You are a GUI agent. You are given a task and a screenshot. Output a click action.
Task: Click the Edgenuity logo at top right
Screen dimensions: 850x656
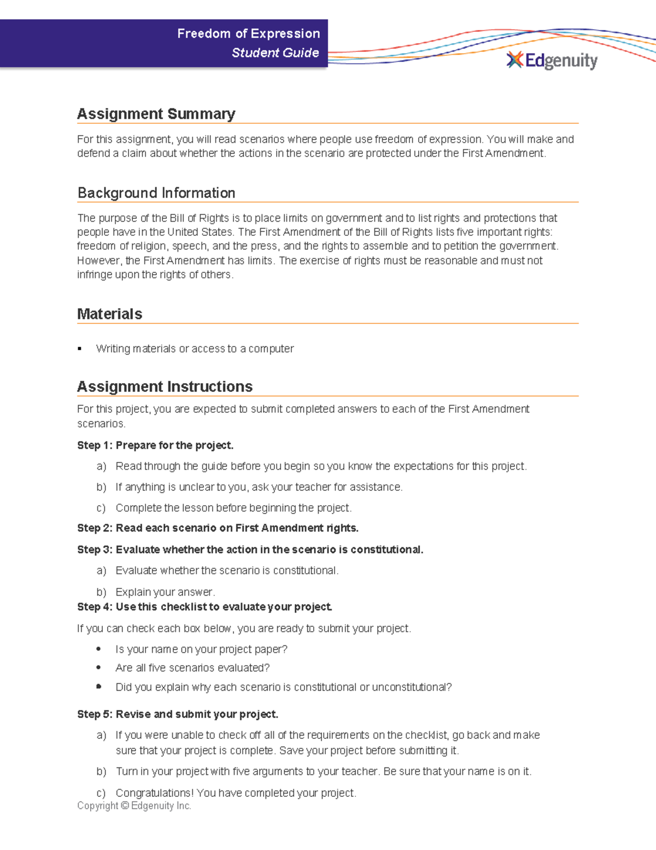tap(552, 60)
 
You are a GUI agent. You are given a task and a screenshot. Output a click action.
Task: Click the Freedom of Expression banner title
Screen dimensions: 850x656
tap(248, 34)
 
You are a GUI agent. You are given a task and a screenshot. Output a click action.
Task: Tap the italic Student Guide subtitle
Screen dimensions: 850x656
tap(275, 53)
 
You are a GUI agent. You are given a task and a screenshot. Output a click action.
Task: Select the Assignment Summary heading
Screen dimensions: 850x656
tap(156, 114)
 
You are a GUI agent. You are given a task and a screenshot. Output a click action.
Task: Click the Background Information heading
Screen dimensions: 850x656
tap(156, 193)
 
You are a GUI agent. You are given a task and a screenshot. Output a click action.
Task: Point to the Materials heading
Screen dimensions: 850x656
tap(109, 314)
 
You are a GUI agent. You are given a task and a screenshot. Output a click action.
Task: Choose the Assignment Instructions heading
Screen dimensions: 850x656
tap(165, 386)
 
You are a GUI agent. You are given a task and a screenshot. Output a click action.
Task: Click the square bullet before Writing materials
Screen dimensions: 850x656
tap(80, 349)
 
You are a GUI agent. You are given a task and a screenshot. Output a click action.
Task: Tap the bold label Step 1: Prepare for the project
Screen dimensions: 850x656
tap(155, 446)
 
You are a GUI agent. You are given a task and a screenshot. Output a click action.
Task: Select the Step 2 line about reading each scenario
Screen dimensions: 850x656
tap(218, 528)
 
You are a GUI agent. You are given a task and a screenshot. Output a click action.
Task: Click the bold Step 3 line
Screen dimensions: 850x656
tap(250, 550)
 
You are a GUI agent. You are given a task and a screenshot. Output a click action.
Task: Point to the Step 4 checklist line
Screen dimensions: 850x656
tap(204, 607)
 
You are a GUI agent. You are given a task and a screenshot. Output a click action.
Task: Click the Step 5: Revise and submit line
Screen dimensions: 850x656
tap(178, 714)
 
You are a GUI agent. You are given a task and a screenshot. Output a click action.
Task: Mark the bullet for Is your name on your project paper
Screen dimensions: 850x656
tap(98, 649)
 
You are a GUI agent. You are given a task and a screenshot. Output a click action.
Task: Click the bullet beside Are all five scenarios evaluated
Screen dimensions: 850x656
tap(98, 668)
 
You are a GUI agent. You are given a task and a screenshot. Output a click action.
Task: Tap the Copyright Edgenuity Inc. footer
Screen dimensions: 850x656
tap(134, 806)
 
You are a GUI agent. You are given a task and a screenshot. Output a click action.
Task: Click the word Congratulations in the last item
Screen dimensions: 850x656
tap(154, 793)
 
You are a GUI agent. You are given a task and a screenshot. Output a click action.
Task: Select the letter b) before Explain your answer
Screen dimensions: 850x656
tap(101, 592)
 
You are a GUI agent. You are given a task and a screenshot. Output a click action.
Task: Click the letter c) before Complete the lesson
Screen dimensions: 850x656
tap(101, 508)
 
